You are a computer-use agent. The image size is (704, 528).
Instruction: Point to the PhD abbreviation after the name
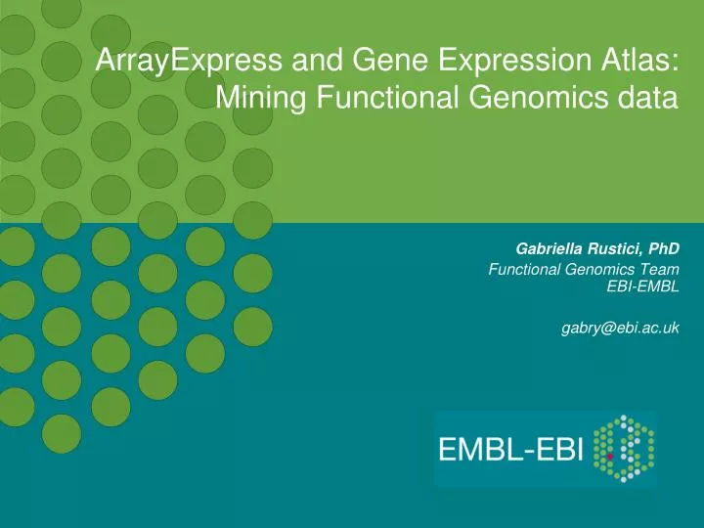pyautogui.click(x=665, y=249)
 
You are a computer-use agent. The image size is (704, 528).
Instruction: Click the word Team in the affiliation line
pyautogui.click(x=660, y=269)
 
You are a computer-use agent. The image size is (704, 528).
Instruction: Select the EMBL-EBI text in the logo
pyautogui.click(x=511, y=451)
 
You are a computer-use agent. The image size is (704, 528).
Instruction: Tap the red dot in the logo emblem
pyautogui.click(x=610, y=455)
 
